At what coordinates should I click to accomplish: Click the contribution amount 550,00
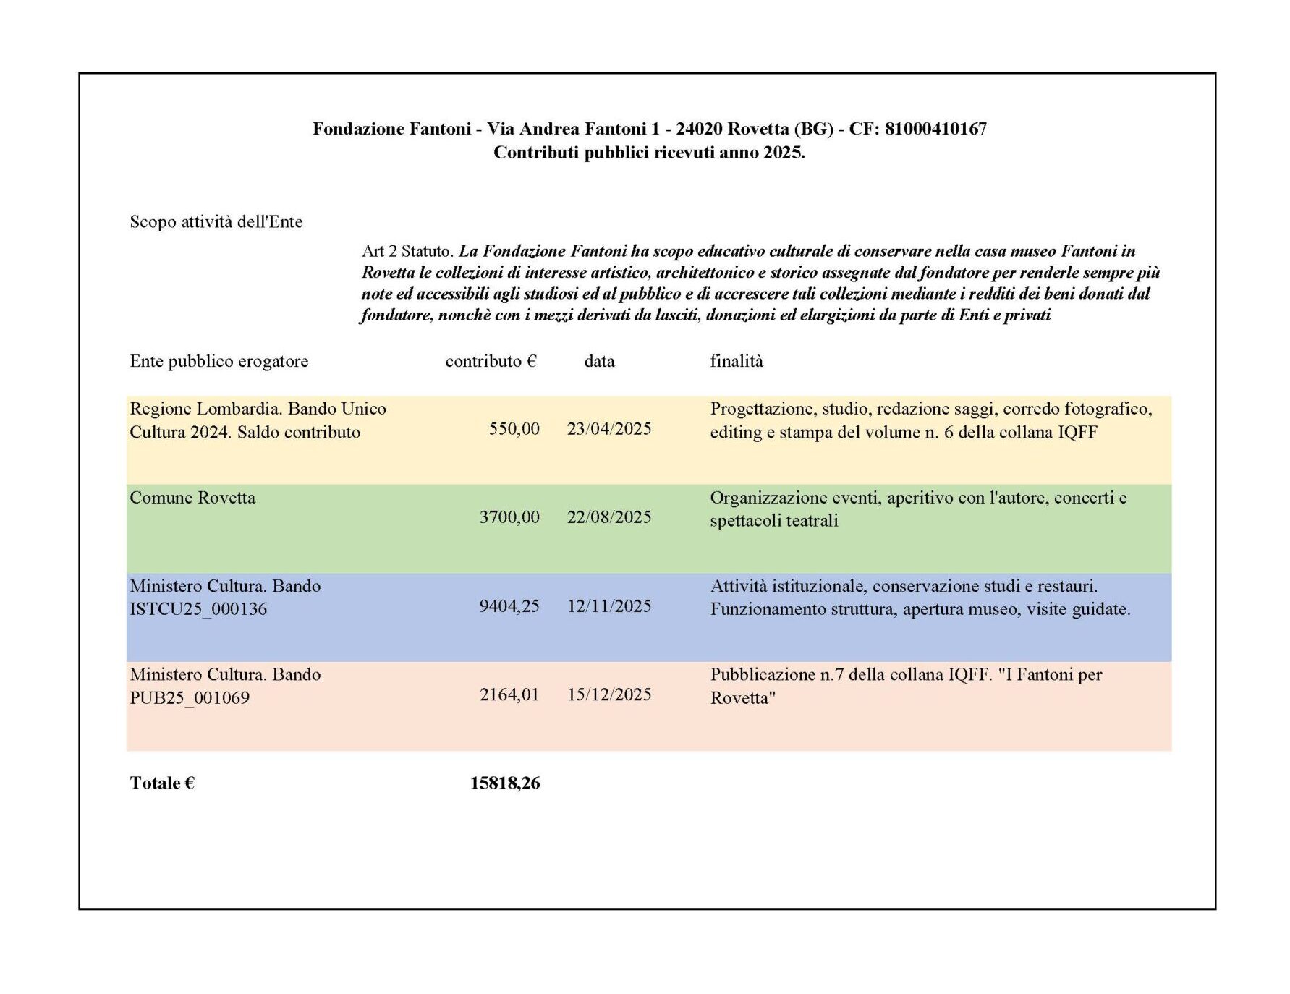(x=514, y=429)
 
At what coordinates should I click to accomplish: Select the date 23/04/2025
(x=609, y=429)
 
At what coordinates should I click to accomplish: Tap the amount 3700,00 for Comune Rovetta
(x=509, y=517)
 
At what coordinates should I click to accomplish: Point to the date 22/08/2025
(x=609, y=517)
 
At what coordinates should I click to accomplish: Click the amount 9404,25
(x=509, y=606)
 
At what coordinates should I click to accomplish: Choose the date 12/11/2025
(x=609, y=606)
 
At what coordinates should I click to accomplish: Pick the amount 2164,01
(x=509, y=694)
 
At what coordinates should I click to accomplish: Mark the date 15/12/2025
(x=609, y=694)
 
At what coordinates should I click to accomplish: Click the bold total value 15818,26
(x=505, y=783)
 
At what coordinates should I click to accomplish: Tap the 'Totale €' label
(x=162, y=783)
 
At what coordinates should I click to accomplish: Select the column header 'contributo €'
(x=491, y=362)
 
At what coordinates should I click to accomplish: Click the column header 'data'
(x=599, y=362)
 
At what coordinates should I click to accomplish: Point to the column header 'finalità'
(x=737, y=362)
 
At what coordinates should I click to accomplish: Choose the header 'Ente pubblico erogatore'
(x=218, y=362)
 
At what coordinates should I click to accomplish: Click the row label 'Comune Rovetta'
(x=192, y=498)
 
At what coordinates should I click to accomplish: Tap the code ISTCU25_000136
(x=198, y=609)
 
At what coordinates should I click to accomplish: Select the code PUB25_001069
(x=190, y=698)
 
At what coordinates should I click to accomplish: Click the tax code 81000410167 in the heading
(x=935, y=129)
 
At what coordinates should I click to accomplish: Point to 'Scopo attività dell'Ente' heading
(x=216, y=222)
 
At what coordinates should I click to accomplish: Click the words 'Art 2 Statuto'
(x=407, y=252)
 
